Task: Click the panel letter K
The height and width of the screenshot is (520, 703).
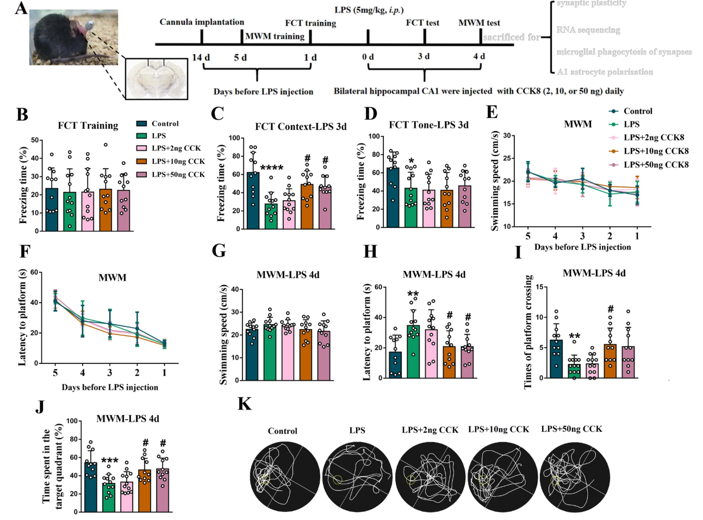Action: point(245,404)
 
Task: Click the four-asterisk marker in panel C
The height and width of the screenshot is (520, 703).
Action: point(271,167)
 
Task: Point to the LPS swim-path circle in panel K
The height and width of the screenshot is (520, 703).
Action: point(357,476)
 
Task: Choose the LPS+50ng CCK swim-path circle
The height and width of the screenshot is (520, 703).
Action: point(575,476)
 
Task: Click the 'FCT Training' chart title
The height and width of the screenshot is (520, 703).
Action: point(88,126)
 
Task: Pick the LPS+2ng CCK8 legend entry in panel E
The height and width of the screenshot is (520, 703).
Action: point(653,138)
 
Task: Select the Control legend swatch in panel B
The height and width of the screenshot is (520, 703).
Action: point(142,123)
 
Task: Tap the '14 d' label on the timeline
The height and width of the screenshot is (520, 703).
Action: point(201,57)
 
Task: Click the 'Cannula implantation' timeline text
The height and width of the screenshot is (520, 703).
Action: point(202,22)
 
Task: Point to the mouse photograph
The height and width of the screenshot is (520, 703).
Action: point(73,37)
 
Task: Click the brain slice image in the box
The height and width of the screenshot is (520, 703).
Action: point(157,79)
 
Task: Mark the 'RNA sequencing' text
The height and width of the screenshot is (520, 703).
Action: point(588,30)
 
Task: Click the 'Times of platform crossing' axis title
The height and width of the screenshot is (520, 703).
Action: point(527,332)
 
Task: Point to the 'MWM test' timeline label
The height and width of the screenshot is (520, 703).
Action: point(479,23)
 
